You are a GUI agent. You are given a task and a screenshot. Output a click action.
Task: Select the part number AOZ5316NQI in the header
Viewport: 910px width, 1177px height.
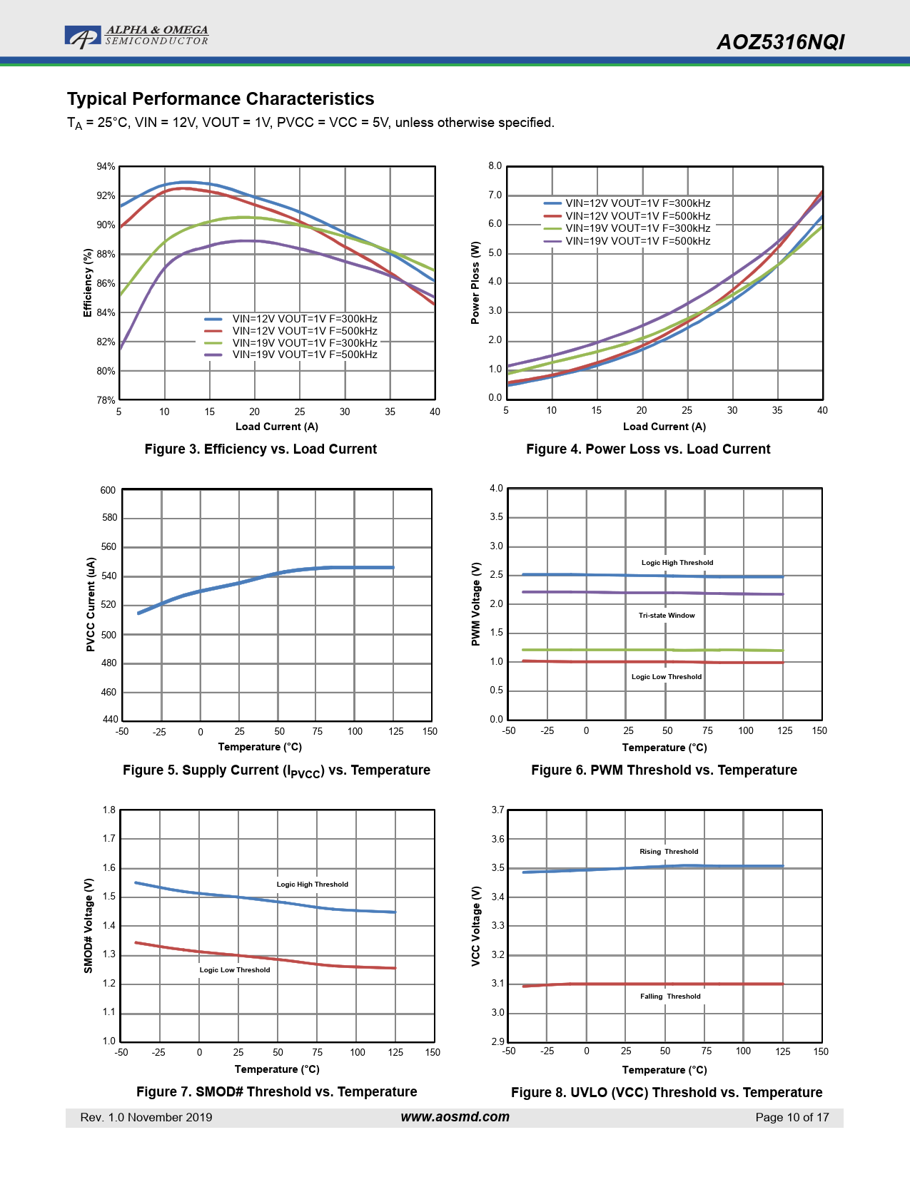pos(780,42)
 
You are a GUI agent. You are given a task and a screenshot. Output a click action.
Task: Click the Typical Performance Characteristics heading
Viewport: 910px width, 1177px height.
pos(221,98)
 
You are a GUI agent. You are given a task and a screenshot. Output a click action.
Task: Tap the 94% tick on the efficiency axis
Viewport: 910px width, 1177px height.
pos(106,167)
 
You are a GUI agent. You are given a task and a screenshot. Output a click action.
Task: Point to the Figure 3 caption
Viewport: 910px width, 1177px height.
pos(261,449)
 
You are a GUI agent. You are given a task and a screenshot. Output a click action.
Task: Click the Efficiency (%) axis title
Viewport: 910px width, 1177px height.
pos(88,282)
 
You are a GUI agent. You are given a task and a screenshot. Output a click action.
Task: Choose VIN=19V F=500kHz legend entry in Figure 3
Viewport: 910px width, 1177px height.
pos(305,355)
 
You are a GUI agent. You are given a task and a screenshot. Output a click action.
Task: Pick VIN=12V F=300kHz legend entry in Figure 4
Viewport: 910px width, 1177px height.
pos(637,203)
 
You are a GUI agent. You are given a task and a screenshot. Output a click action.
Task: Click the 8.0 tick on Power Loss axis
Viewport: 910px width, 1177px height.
pos(495,166)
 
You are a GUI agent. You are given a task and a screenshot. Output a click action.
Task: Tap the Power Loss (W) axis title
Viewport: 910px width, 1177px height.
pos(475,282)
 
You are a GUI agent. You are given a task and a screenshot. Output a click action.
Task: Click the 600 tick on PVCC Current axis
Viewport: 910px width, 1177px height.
pos(108,490)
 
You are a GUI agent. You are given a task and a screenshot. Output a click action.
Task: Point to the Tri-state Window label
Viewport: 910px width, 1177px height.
pos(667,615)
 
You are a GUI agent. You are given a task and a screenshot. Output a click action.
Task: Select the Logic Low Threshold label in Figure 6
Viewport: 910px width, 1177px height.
pos(667,676)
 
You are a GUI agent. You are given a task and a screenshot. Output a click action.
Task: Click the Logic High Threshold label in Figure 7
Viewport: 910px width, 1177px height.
pos(313,884)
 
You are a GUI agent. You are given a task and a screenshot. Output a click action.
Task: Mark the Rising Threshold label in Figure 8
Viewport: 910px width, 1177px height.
pos(669,851)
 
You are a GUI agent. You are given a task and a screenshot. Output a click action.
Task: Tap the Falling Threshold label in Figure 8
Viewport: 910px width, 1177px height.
pos(670,996)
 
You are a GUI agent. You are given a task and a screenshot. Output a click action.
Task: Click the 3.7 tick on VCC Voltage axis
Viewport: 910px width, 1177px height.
pos(497,810)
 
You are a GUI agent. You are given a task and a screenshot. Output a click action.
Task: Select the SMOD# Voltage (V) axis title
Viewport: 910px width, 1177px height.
pos(89,925)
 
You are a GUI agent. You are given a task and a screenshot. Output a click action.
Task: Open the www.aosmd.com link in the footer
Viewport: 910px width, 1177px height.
pos(455,1117)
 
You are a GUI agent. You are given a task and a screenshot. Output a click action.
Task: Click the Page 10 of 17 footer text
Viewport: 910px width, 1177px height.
pos(792,1117)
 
